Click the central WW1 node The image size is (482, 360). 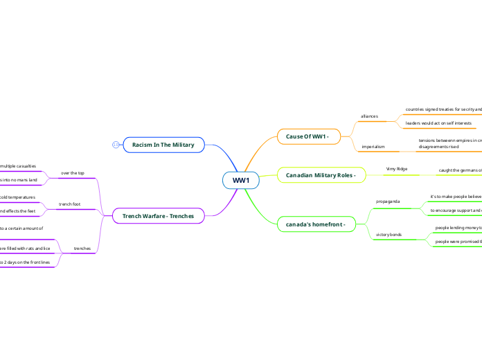241,181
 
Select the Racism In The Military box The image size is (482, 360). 163,145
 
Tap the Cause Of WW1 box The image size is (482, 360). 308,136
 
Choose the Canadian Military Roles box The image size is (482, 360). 321,175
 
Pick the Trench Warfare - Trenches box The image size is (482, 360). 158,217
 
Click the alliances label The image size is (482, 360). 370,116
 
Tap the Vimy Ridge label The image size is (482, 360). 396,169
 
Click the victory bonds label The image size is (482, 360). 389,235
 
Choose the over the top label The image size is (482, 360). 73,172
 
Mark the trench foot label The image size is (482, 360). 69,204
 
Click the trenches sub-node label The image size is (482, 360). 82,248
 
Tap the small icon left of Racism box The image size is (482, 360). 116,145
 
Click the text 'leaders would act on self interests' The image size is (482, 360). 438,123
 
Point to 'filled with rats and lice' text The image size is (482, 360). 25,247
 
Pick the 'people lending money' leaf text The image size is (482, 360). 458,227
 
